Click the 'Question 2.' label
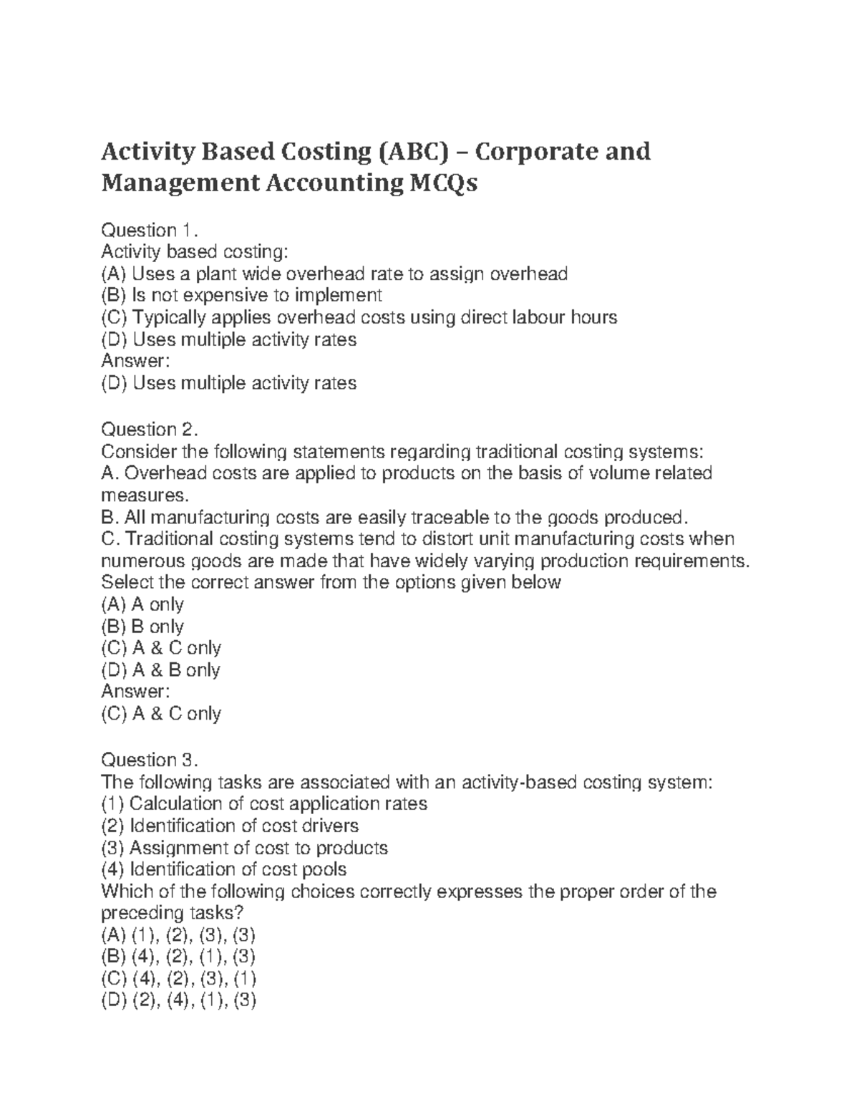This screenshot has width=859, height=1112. (148, 429)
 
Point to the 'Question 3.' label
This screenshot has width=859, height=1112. (148, 760)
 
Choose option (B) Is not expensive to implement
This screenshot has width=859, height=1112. (242, 295)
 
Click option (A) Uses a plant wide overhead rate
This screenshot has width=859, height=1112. (334, 274)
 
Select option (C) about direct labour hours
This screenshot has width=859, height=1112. (359, 317)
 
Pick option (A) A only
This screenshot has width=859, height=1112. (143, 604)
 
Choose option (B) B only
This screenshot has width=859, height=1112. (143, 627)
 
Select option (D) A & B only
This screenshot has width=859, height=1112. (161, 670)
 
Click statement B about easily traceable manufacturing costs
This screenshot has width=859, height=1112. (397, 517)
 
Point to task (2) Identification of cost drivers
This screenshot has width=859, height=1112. (230, 826)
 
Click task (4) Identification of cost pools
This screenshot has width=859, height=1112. (224, 869)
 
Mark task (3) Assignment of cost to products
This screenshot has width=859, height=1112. (245, 848)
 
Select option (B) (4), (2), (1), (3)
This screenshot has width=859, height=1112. (179, 957)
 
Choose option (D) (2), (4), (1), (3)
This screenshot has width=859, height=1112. (179, 1001)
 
